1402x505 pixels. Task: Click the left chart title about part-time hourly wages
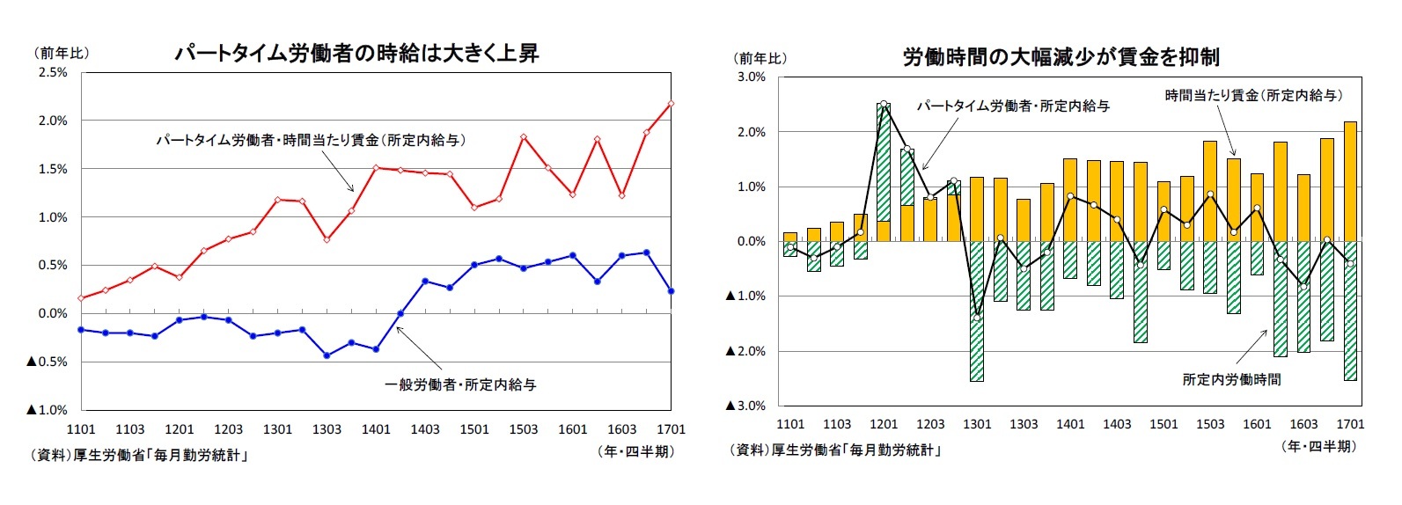(x=356, y=54)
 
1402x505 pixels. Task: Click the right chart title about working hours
(x=1061, y=57)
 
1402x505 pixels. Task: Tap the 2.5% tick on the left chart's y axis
(x=52, y=73)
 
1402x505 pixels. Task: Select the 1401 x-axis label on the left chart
(x=376, y=429)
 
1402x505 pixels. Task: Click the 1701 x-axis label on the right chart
(x=1350, y=424)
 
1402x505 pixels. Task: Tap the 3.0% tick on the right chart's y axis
(x=751, y=77)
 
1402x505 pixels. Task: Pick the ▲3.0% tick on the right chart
(x=745, y=406)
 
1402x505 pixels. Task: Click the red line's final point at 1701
(x=671, y=104)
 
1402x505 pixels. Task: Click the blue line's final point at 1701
(x=671, y=291)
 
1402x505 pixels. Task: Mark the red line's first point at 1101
(x=81, y=298)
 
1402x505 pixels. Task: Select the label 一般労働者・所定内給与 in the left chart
(x=460, y=384)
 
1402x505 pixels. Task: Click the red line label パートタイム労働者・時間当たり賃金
(x=311, y=140)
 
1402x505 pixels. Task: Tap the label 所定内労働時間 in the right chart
(x=1231, y=379)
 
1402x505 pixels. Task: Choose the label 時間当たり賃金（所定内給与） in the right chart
(x=1253, y=95)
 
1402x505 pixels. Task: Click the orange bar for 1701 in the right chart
(x=1350, y=181)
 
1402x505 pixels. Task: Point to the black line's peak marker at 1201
(x=884, y=104)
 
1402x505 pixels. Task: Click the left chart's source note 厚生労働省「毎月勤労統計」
(x=138, y=456)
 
